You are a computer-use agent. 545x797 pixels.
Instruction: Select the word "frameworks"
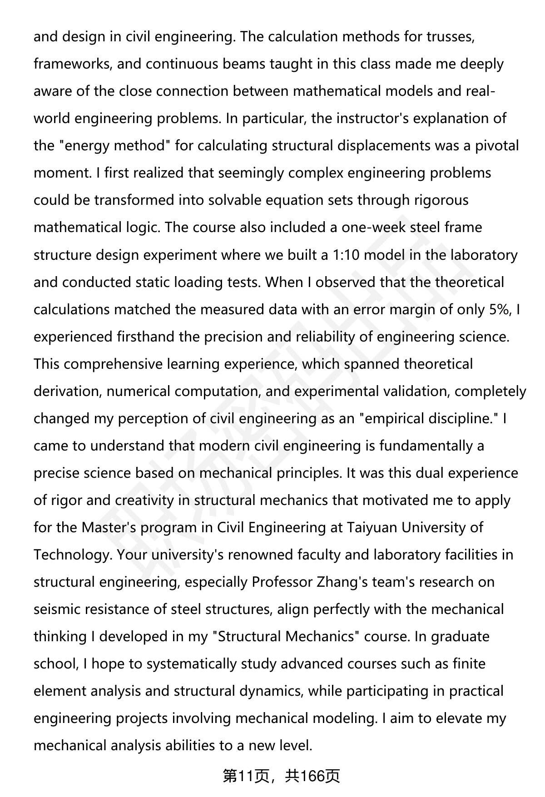[x=73, y=64]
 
